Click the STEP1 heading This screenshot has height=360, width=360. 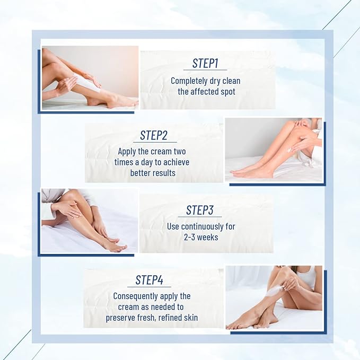coord(205,64)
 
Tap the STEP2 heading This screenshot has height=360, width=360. coord(154,136)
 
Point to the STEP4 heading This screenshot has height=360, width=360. coord(153,280)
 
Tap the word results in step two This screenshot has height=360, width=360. coord(163,173)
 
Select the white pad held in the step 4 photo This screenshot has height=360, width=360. coord(276,291)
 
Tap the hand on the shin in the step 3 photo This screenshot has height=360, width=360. coord(68,209)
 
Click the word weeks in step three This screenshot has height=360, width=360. coord(208,237)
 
